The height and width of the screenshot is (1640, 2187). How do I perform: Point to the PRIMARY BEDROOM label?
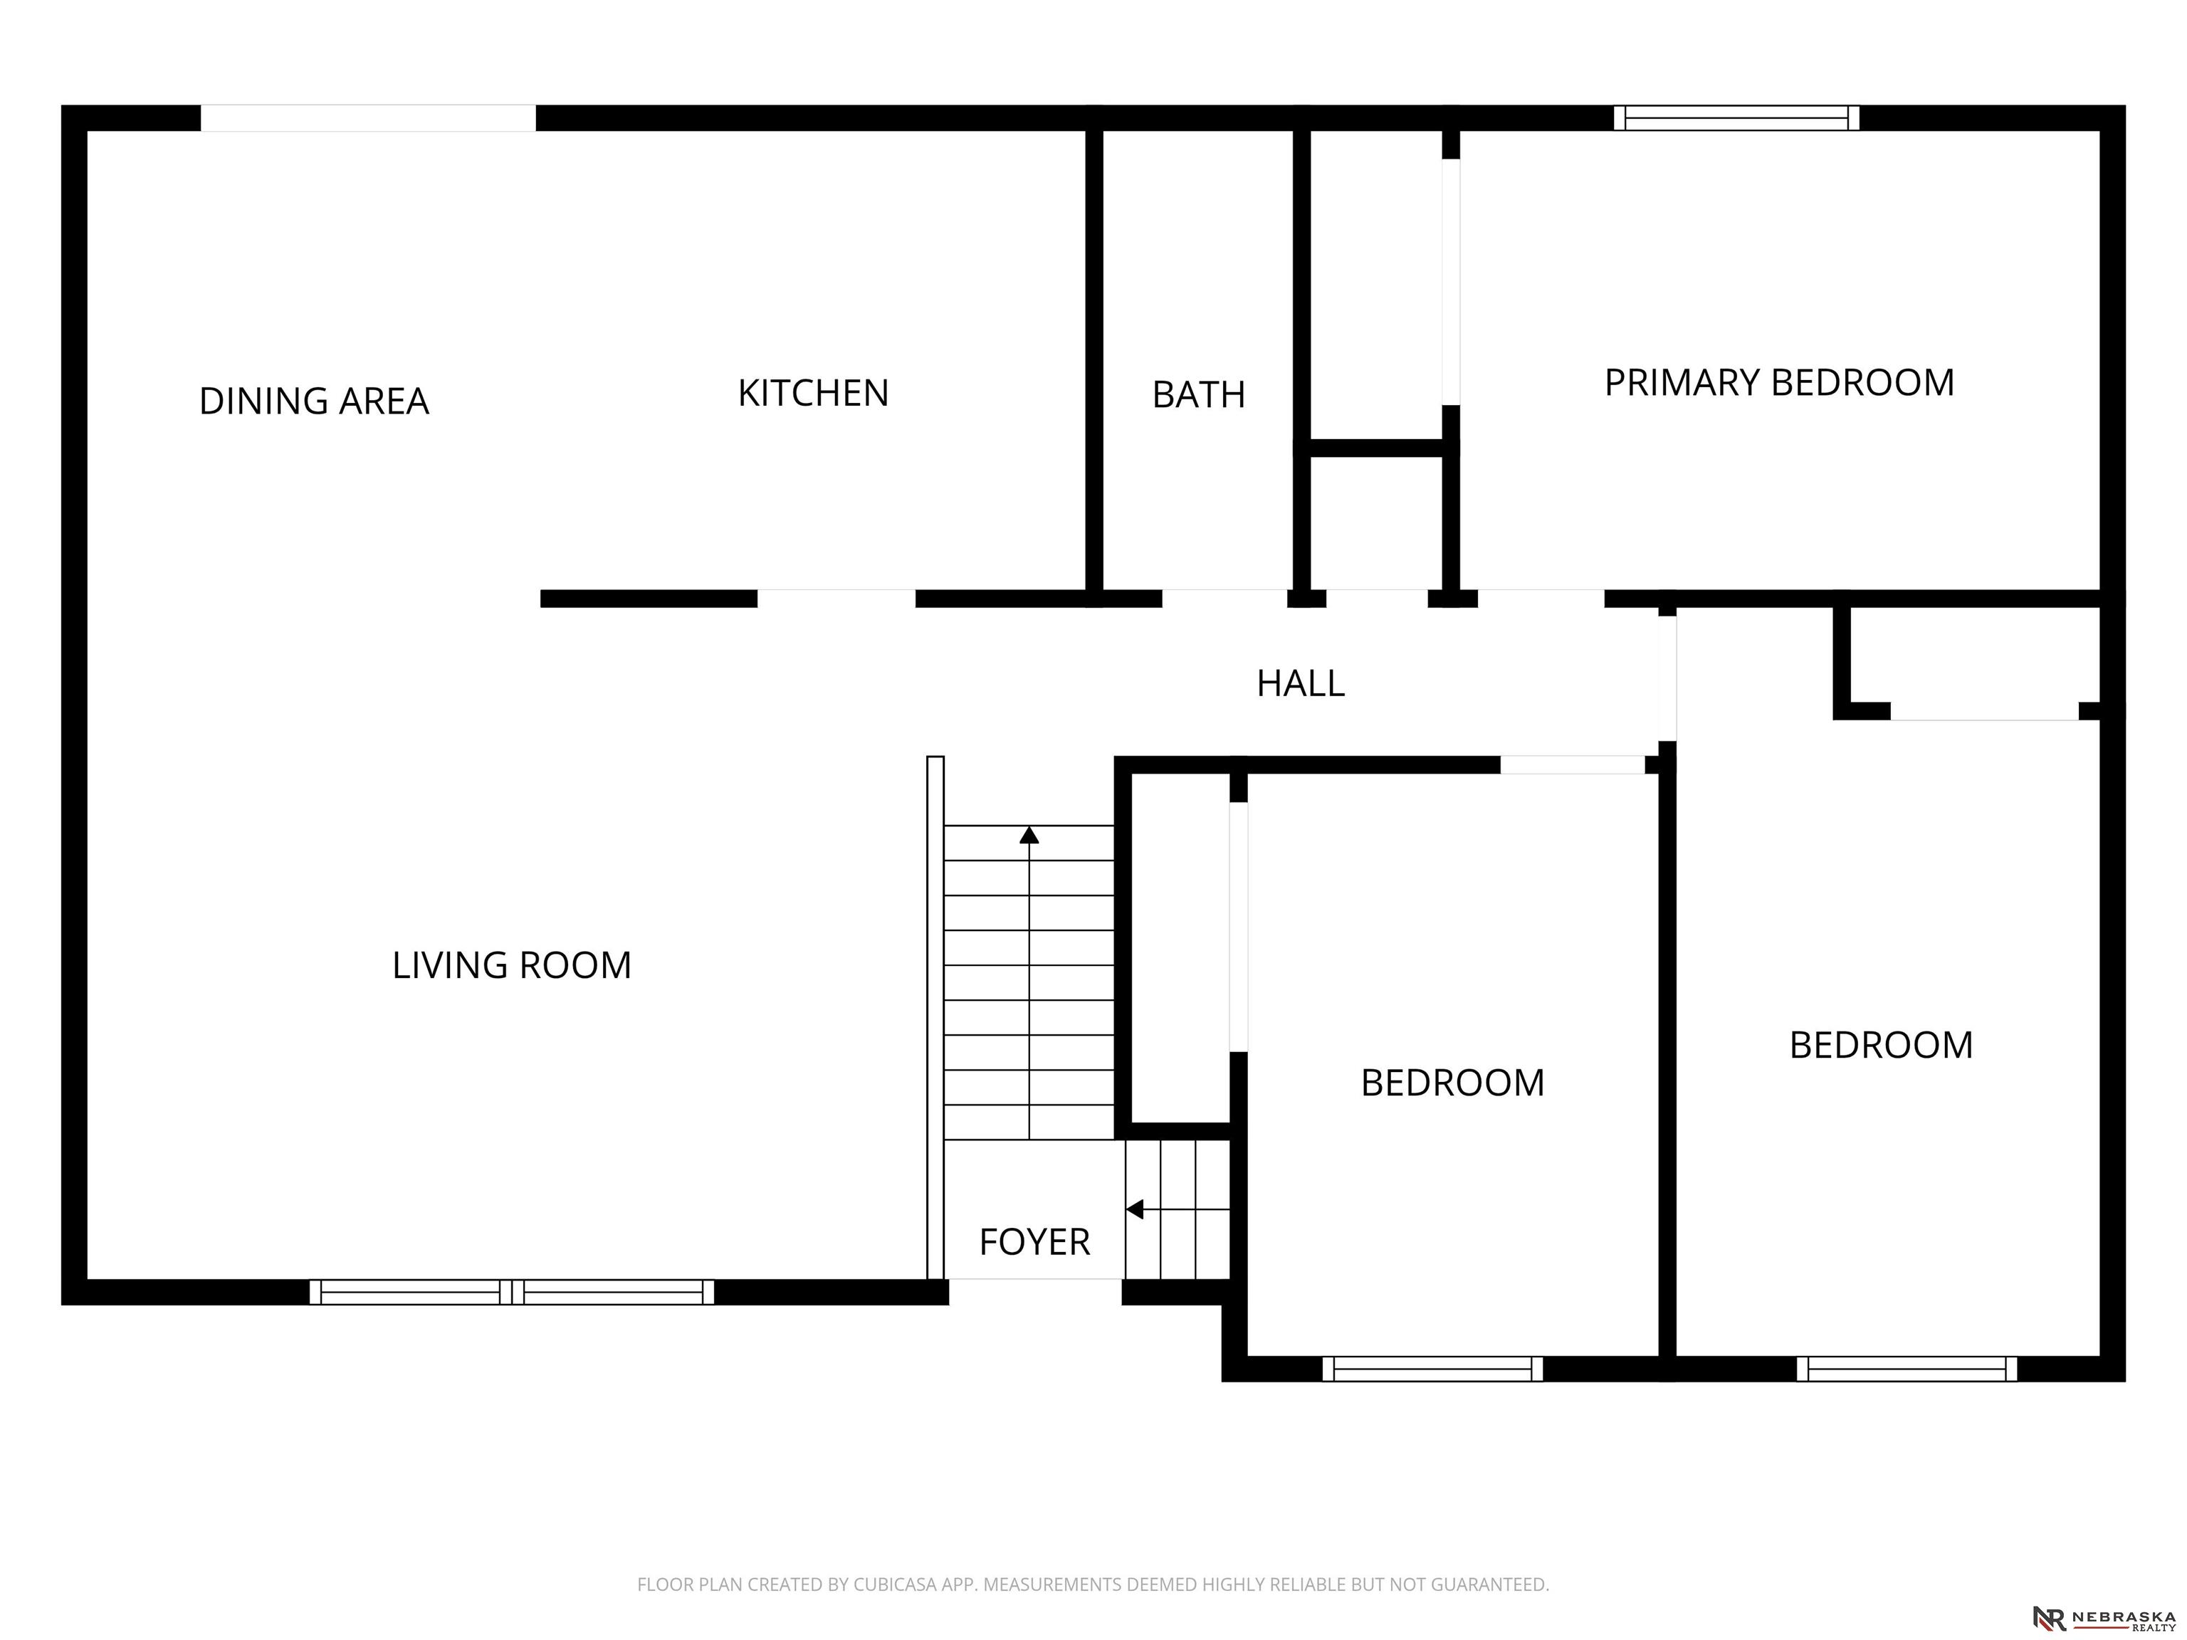[1778, 382]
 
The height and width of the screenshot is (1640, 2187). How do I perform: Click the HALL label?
[1300, 684]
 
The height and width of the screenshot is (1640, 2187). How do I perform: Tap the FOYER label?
[1034, 1241]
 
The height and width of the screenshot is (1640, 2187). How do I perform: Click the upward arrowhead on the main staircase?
[1029, 836]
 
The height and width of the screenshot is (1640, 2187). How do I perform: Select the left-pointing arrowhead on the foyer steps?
[1135, 1209]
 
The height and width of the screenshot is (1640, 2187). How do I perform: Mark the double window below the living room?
[511, 1292]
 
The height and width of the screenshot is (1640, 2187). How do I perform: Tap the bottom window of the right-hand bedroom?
[1907, 1368]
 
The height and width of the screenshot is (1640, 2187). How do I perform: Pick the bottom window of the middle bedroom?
[1432, 1368]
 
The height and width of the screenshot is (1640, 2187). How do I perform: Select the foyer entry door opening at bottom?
[1035, 1291]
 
